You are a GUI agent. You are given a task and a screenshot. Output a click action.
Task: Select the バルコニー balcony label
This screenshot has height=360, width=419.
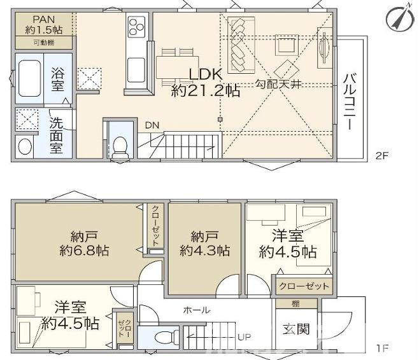click(350, 102)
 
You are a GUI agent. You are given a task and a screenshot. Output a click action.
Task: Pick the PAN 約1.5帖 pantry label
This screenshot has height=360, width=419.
click(43, 25)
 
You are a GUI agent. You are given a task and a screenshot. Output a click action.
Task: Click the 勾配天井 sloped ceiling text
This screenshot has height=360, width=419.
click(278, 83)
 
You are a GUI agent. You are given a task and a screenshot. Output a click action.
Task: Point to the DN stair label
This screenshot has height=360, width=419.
click(152, 125)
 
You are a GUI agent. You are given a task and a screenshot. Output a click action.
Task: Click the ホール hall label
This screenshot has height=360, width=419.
click(197, 310)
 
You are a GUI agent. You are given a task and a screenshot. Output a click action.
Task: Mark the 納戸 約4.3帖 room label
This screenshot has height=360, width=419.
click(204, 242)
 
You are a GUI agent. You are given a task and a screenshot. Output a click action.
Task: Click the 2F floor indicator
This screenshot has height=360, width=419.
click(381, 156)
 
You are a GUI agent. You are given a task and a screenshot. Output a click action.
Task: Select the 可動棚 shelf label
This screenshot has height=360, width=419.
click(43, 43)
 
